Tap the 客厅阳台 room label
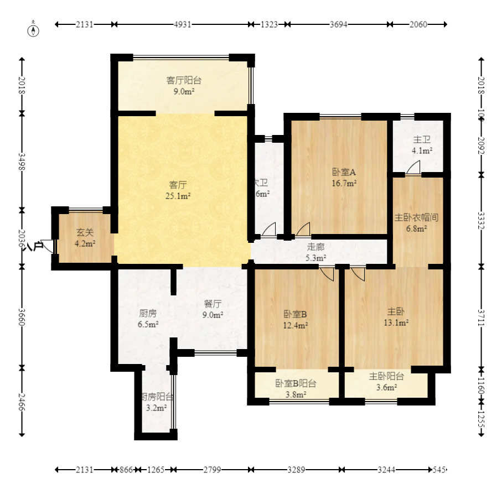click(180, 81)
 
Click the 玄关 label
click(85, 232)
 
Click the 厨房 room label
click(148, 313)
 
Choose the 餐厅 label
click(213, 304)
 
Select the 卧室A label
click(344, 172)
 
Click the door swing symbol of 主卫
click(413, 168)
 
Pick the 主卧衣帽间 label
click(416, 217)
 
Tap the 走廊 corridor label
click(316, 247)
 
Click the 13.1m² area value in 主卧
click(397, 323)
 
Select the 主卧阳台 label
click(386, 376)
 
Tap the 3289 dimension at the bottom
click(297, 470)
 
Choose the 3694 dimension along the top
click(338, 24)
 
